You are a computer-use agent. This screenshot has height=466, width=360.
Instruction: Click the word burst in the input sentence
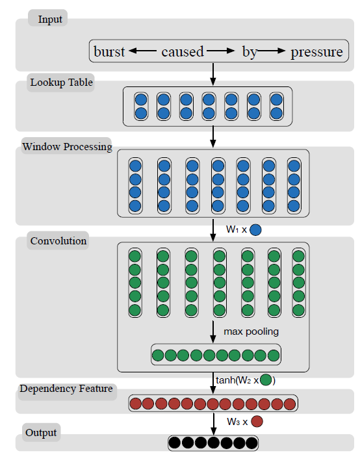pos(109,52)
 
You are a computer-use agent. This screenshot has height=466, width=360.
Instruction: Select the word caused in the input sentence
pos(183,52)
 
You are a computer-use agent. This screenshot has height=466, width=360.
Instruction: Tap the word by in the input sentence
pos(250,52)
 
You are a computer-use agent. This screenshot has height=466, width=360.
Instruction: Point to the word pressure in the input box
pos(316,52)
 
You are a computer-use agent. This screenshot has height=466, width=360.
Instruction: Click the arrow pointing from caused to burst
pos(143,51)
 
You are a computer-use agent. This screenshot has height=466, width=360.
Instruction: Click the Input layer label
pos(50,19)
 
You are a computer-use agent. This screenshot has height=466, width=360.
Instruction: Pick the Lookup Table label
pos(62,83)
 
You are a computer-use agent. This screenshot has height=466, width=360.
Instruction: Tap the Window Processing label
pos(67,146)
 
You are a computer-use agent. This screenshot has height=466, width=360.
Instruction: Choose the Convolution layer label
pos(58,241)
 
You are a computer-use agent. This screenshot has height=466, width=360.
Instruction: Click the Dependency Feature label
pos(66,389)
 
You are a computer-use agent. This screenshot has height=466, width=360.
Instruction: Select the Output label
pos(41,432)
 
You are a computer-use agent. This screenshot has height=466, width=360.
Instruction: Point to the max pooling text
pos(251,331)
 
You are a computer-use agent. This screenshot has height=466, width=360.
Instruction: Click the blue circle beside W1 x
pos(256,229)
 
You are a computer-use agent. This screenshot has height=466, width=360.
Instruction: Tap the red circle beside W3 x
pos(257,421)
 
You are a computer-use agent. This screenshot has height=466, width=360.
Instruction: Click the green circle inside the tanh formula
pos(266,380)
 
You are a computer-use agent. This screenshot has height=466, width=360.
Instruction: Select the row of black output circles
pos(213,443)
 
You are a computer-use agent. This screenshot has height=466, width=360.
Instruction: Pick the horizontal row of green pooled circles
pos(216,355)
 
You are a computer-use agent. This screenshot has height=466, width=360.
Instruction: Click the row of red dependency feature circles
pos(213,403)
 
